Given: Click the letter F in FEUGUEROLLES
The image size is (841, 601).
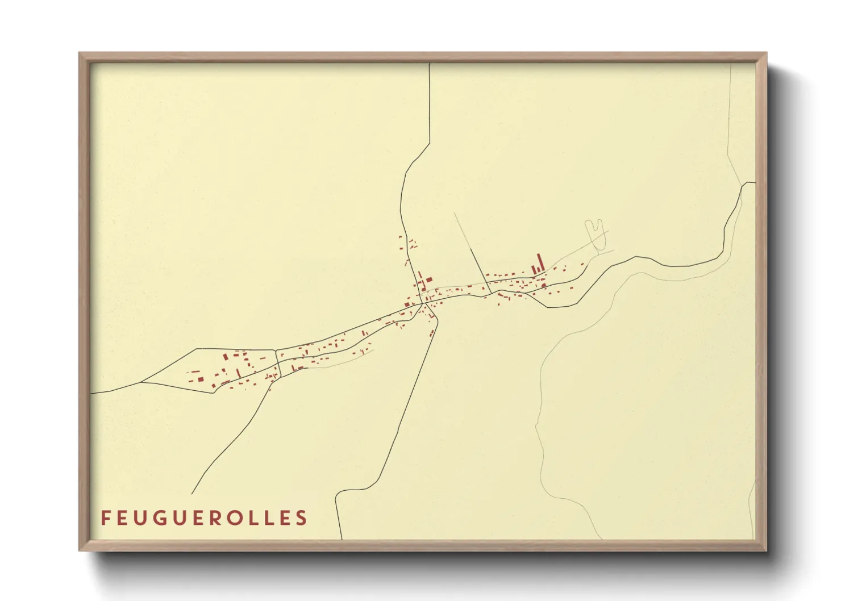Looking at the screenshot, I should (106, 518).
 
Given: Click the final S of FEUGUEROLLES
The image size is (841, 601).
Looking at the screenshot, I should (302, 518).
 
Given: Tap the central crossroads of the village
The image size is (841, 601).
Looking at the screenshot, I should (422, 303).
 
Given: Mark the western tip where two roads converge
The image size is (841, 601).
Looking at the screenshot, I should (140, 382).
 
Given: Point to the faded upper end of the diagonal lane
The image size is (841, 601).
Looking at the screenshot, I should (455, 213).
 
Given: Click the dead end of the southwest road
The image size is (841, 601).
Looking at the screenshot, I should (192, 494).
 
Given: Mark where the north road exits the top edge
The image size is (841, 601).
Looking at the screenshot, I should (430, 64).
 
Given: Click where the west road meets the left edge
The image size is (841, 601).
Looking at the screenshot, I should (91, 393).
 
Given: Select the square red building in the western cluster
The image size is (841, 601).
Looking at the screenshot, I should (199, 379).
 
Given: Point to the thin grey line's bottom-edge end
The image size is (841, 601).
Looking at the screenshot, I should (602, 539).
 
